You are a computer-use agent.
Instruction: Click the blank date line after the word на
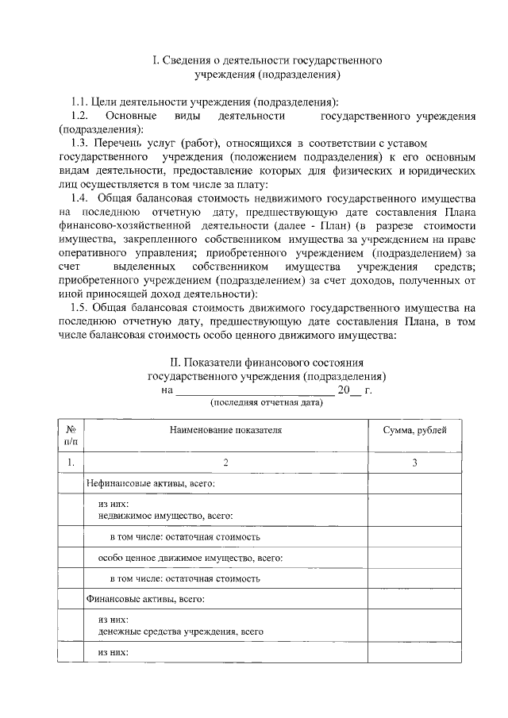click(x=254, y=390)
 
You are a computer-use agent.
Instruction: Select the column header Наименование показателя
click(x=225, y=429)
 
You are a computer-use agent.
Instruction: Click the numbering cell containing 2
click(x=225, y=462)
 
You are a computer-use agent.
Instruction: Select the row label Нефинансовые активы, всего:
click(x=152, y=483)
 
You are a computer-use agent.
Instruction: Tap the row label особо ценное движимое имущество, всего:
click(x=190, y=558)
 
